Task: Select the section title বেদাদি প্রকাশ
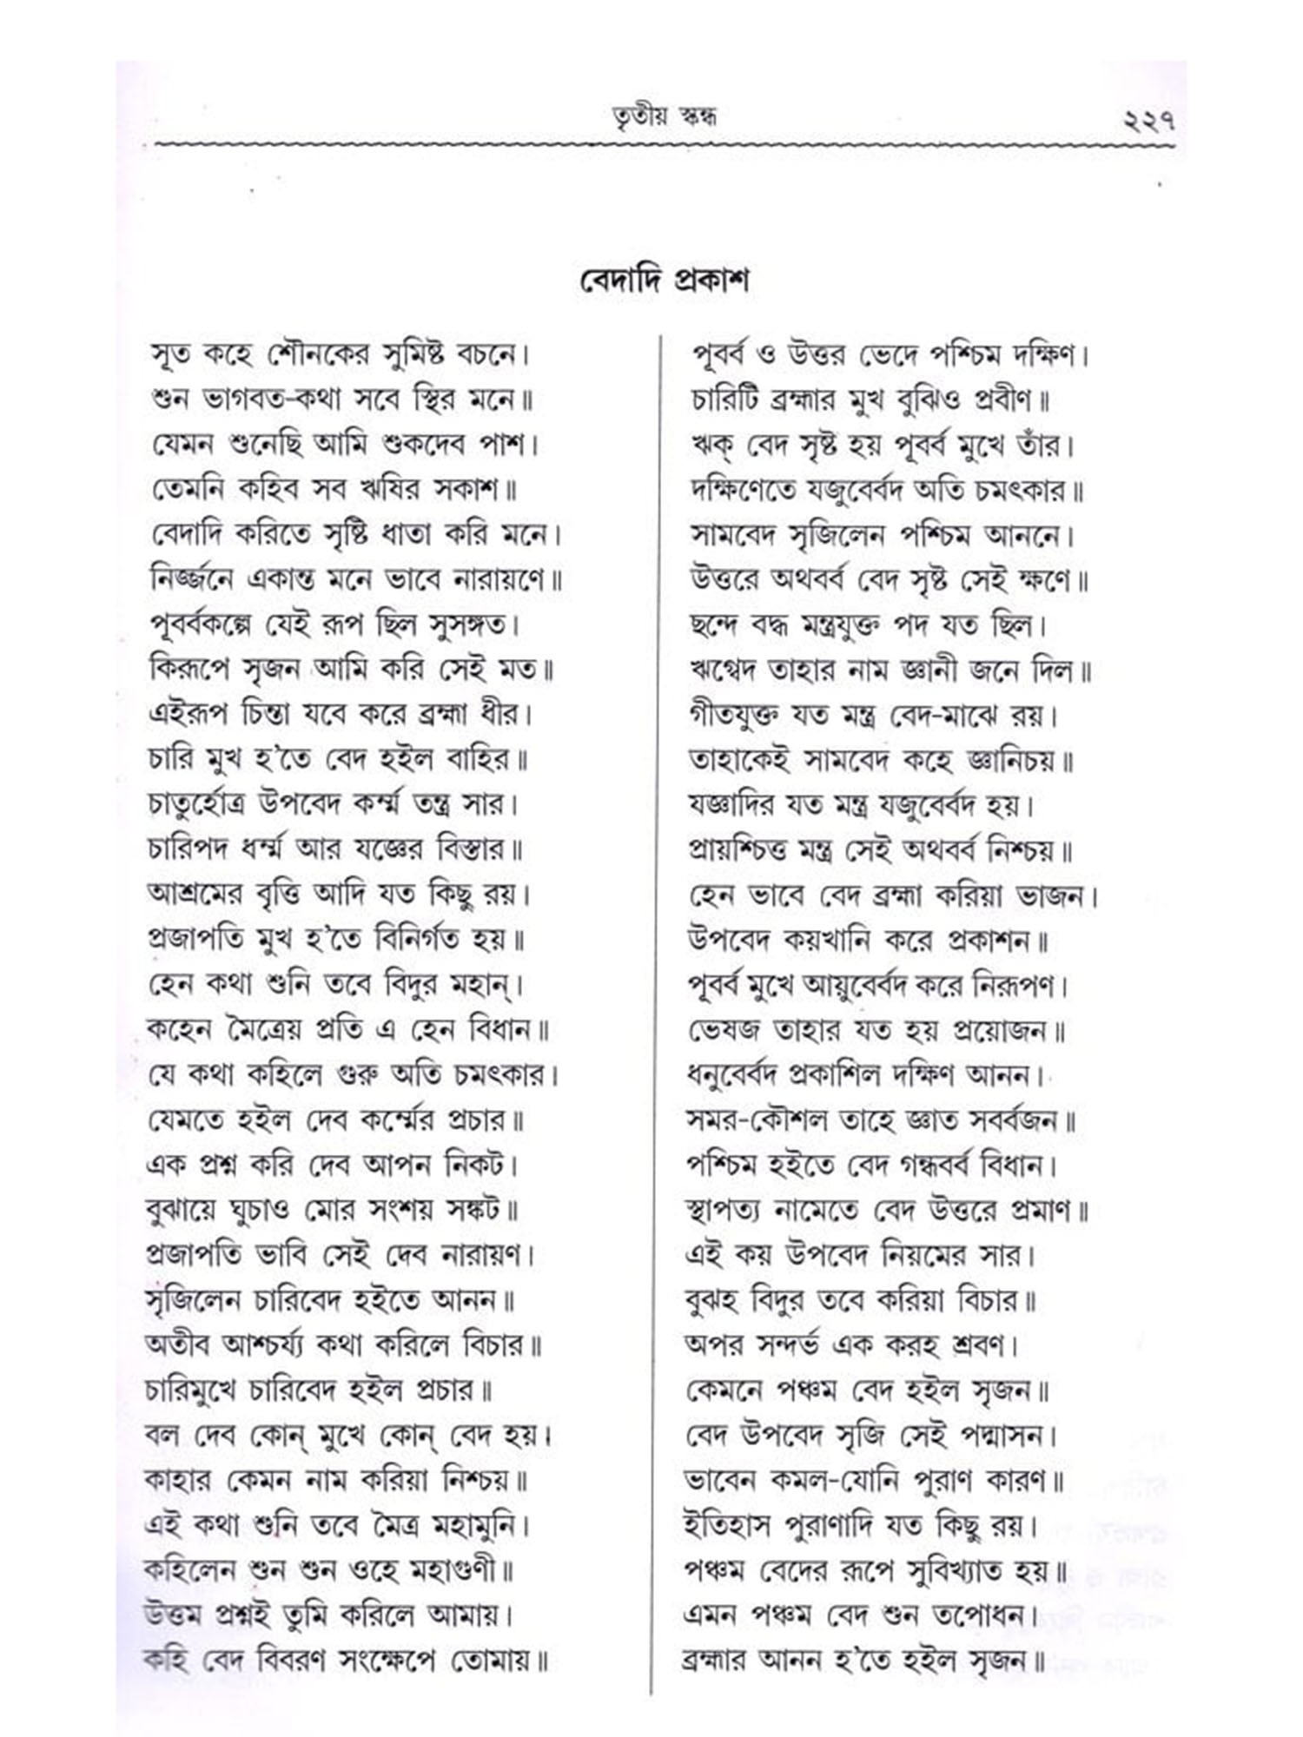[664, 281]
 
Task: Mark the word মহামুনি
[477, 1525]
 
